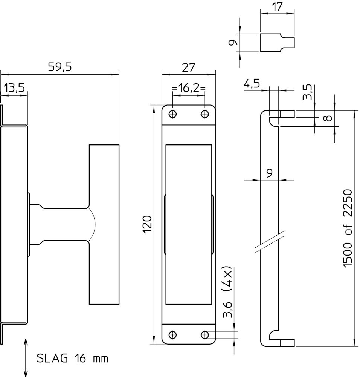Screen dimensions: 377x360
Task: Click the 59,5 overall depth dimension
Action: click(x=59, y=67)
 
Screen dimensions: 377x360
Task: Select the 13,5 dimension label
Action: click(x=14, y=88)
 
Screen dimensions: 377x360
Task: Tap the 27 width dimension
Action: click(x=188, y=67)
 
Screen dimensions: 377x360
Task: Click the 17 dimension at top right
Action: click(x=277, y=6)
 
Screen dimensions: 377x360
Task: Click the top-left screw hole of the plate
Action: click(x=173, y=114)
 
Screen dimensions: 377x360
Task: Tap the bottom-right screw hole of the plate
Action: click(x=205, y=334)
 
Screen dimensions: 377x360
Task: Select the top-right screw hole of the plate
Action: click(x=205, y=114)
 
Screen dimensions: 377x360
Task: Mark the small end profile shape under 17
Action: click(x=277, y=43)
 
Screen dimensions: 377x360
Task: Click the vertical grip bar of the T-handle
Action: click(x=104, y=224)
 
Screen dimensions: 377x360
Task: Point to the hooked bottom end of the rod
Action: click(x=277, y=340)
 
